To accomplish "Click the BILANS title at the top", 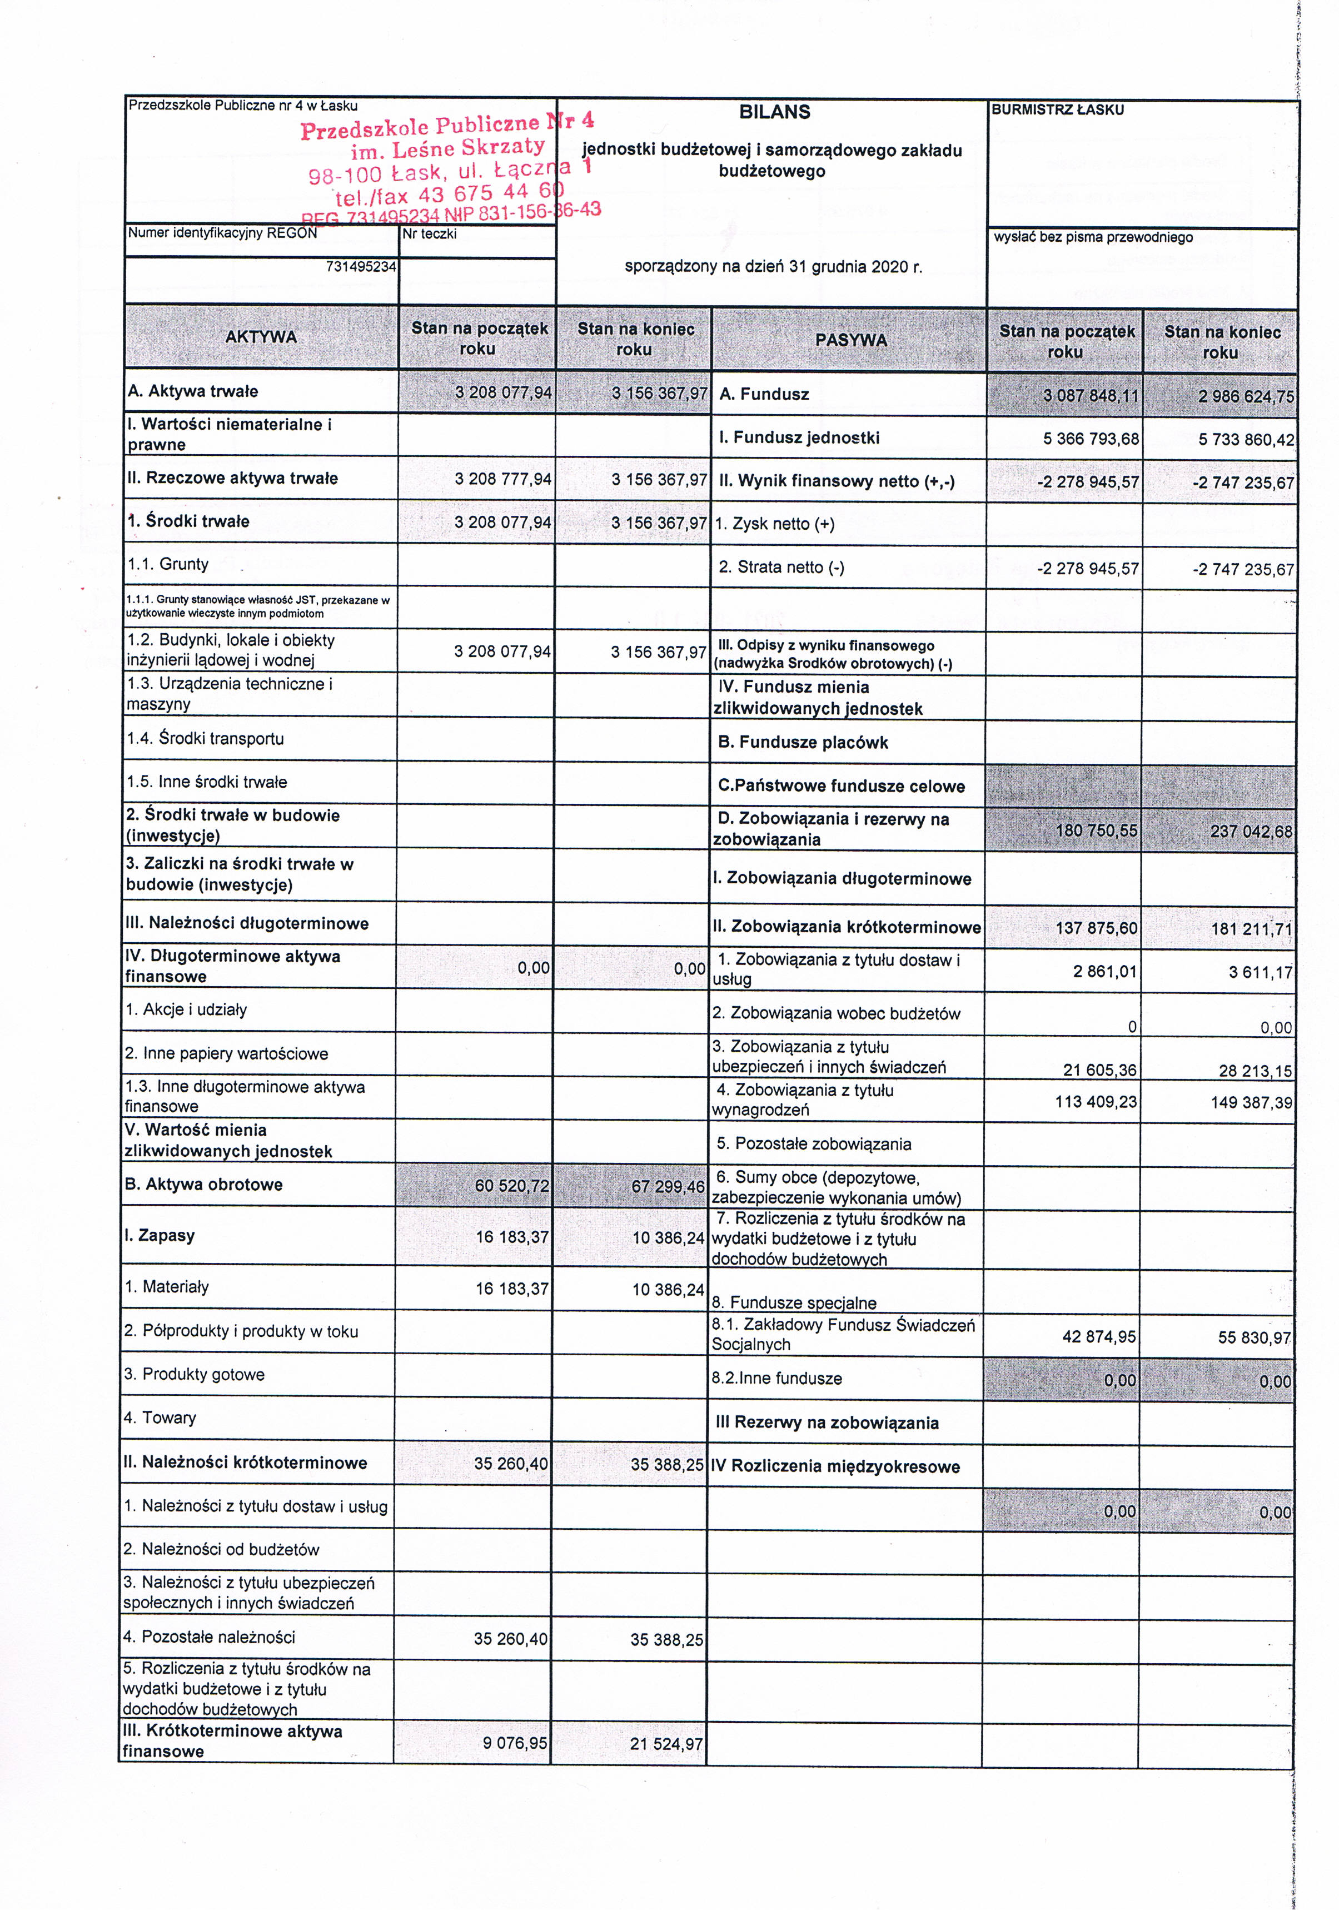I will (774, 112).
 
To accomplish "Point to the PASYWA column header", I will (850, 340).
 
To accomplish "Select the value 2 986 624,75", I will (1245, 397).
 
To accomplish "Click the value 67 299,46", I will (668, 1186).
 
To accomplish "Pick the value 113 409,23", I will (1096, 1101).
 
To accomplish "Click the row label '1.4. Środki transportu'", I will (206, 738).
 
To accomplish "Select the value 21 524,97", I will (666, 1743).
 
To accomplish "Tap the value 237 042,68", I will (1251, 831).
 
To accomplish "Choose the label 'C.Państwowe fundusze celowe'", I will (841, 786).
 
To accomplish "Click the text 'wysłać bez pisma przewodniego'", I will (1093, 237).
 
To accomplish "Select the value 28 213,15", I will (1255, 1071).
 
